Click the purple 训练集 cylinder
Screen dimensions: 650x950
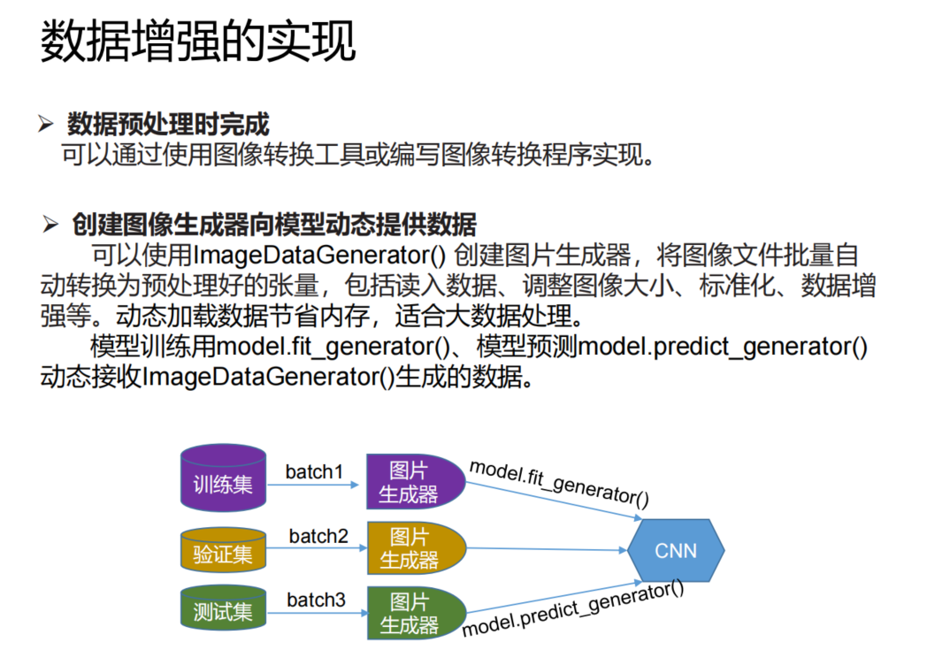tap(223, 480)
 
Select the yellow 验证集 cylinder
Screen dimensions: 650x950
tap(223, 551)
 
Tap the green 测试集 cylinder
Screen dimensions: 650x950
tap(223, 610)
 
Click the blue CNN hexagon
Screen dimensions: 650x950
tap(676, 550)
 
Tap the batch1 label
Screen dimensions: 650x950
tap(314, 471)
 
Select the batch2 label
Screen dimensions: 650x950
tap(318, 536)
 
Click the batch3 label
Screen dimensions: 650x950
tap(316, 600)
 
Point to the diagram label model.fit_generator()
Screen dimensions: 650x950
tap(559, 483)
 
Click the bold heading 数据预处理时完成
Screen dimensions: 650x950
tap(168, 125)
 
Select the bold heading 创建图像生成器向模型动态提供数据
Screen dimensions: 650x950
tap(274, 224)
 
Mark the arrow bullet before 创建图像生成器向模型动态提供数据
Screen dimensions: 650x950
tap(50, 225)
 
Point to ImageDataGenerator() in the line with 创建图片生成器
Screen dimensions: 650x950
tap(318, 256)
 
